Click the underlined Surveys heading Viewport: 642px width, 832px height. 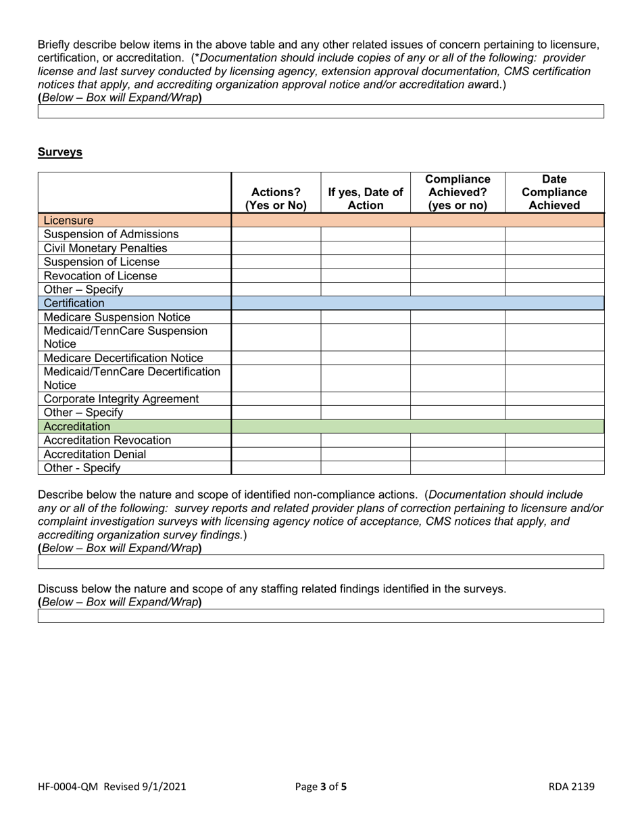[60, 152]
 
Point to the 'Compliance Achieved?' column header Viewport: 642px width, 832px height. [458, 193]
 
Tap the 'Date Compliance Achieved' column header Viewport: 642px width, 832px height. [554, 193]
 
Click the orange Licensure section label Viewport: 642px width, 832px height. [68, 221]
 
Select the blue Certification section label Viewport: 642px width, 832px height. [74, 303]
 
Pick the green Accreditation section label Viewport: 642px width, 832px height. [76, 427]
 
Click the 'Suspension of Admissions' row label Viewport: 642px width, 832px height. [111, 234]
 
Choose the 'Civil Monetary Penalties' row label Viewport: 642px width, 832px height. [105, 248]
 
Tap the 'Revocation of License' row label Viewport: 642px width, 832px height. [100, 276]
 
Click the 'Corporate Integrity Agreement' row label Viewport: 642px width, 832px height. [121, 399]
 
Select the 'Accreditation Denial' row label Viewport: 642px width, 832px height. [95, 455]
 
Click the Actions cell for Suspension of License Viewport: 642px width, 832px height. [276, 262]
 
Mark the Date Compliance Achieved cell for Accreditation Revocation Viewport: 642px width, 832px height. [554, 440]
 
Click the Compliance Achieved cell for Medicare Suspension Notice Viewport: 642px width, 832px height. [458, 317]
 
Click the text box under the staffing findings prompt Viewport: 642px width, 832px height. [320, 616]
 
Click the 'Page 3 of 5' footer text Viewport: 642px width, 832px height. [321, 787]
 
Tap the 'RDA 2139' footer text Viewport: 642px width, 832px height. [571, 787]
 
